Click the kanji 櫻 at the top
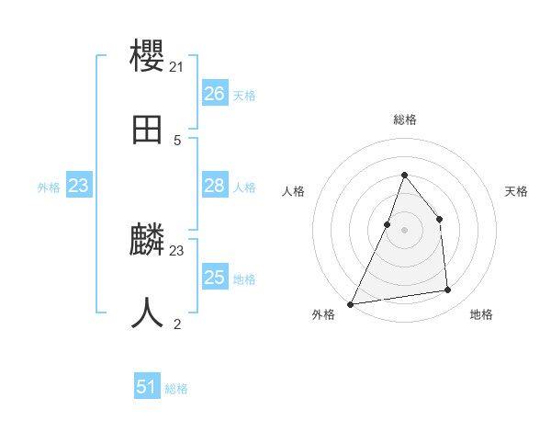click(x=148, y=55)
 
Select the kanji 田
click(x=148, y=130)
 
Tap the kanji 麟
click(x=148, y=240)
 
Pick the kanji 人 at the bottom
click(x=148, y=313)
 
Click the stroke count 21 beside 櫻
click(x=177, y=67)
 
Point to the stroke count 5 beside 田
click(x=177, y=141)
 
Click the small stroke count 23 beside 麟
click(x=177, y=250)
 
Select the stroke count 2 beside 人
click(x=177, y=324)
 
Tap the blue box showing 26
click(x=214, y=94)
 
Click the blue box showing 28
click(x=214, y=186)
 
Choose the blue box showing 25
click(x=214, y=278)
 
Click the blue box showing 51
click(x=147, y=387)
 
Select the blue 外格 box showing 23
click(x=79, y=186)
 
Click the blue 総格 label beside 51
click(x=176, y=389)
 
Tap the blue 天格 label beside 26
click(x=244, y=96)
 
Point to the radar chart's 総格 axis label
click(x=404, y=119)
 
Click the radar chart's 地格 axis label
click(x=481, y=314)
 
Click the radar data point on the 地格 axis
click(x=447, y=290)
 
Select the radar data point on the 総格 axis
click(x=404, y=175)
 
